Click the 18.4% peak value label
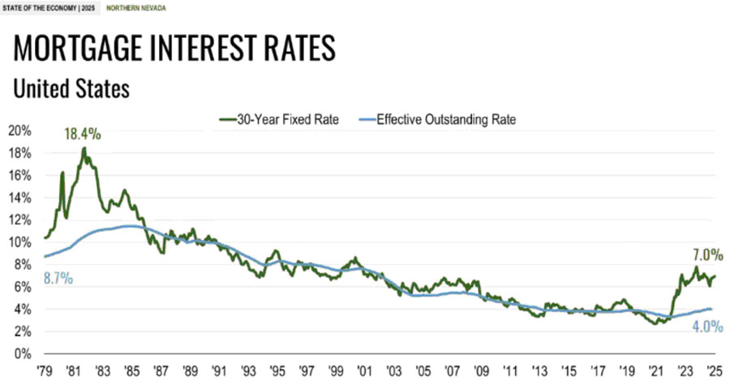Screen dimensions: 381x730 [83, 134]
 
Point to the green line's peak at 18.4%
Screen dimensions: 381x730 [84, 148]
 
